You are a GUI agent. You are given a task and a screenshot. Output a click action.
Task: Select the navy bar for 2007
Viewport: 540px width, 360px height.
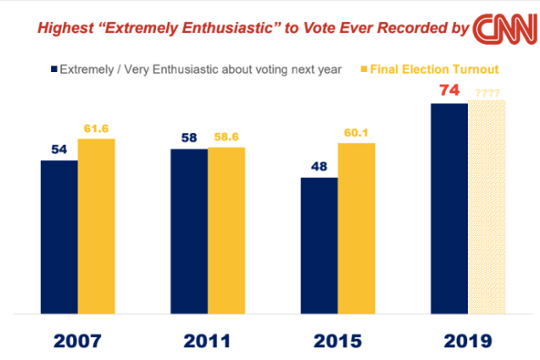[x=59, y=236]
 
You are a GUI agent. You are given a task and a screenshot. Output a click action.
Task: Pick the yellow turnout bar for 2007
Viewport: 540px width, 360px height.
[x=96, y=225]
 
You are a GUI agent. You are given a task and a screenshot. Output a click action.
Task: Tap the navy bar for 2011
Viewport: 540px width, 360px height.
[x=189, y=231]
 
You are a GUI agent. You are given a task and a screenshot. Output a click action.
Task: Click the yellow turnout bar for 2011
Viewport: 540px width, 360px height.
[x=226, y=230]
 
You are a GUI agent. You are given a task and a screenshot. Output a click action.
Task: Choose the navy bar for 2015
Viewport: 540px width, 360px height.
[x=320, y=246]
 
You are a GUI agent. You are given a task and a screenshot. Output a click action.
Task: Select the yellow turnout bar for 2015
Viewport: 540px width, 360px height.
[x=356, y=228]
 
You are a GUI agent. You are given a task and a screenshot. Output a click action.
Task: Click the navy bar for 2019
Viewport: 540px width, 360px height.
[x=449, y=208]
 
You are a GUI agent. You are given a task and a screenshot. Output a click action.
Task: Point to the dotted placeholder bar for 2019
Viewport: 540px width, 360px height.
[x=487, y=208]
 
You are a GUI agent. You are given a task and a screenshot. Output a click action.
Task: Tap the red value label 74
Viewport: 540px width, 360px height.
[x=449, y=90]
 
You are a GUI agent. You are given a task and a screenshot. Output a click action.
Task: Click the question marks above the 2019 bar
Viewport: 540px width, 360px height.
[x=487, y=93]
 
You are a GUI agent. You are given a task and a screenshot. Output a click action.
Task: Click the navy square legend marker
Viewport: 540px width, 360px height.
[x=53, y=69]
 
